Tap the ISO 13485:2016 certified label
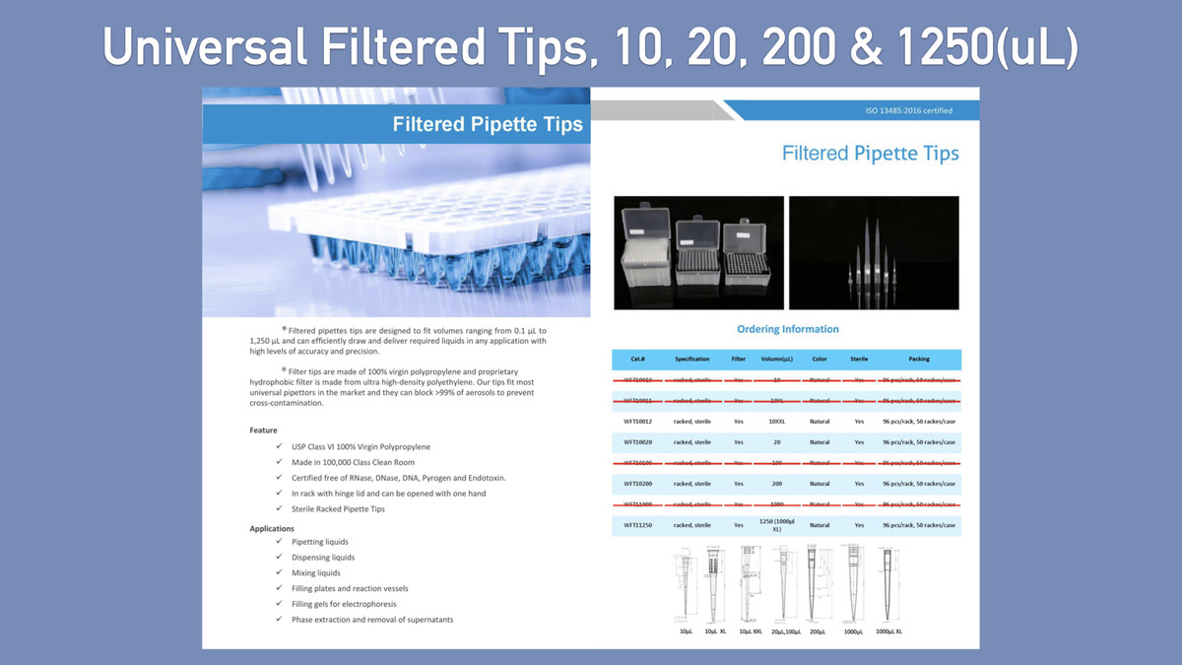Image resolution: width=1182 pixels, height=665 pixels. (x=908, y=110)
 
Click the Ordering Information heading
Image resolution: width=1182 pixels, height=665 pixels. (x=788, y=329)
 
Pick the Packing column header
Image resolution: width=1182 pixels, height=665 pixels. (x=918, y=360)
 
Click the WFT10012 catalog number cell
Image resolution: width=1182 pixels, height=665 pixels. (x=637, y=422)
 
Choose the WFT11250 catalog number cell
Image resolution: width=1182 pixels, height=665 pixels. (x=637, y=525)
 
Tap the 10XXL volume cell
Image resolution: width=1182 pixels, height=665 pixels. (x=777, y=422)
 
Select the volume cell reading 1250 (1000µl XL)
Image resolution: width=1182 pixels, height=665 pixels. (x=777, y=525)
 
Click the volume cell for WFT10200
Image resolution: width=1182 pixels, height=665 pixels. (x=777, y=484)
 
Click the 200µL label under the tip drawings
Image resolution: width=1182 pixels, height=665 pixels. (x=817, y=632)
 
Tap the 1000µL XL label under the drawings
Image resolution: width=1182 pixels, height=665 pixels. (x=888, y=632)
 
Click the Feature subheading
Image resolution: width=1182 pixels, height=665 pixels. (x=263, y=431)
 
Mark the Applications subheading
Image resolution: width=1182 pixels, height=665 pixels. (x=272, y=529)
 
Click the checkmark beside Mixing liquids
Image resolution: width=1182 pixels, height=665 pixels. (x=281, y=572)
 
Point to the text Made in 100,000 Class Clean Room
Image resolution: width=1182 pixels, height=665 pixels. (x=353, y=462)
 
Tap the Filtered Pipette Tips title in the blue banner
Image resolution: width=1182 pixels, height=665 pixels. (x=488, y=125)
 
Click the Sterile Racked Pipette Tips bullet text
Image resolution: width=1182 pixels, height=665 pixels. (x=338, y=508)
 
